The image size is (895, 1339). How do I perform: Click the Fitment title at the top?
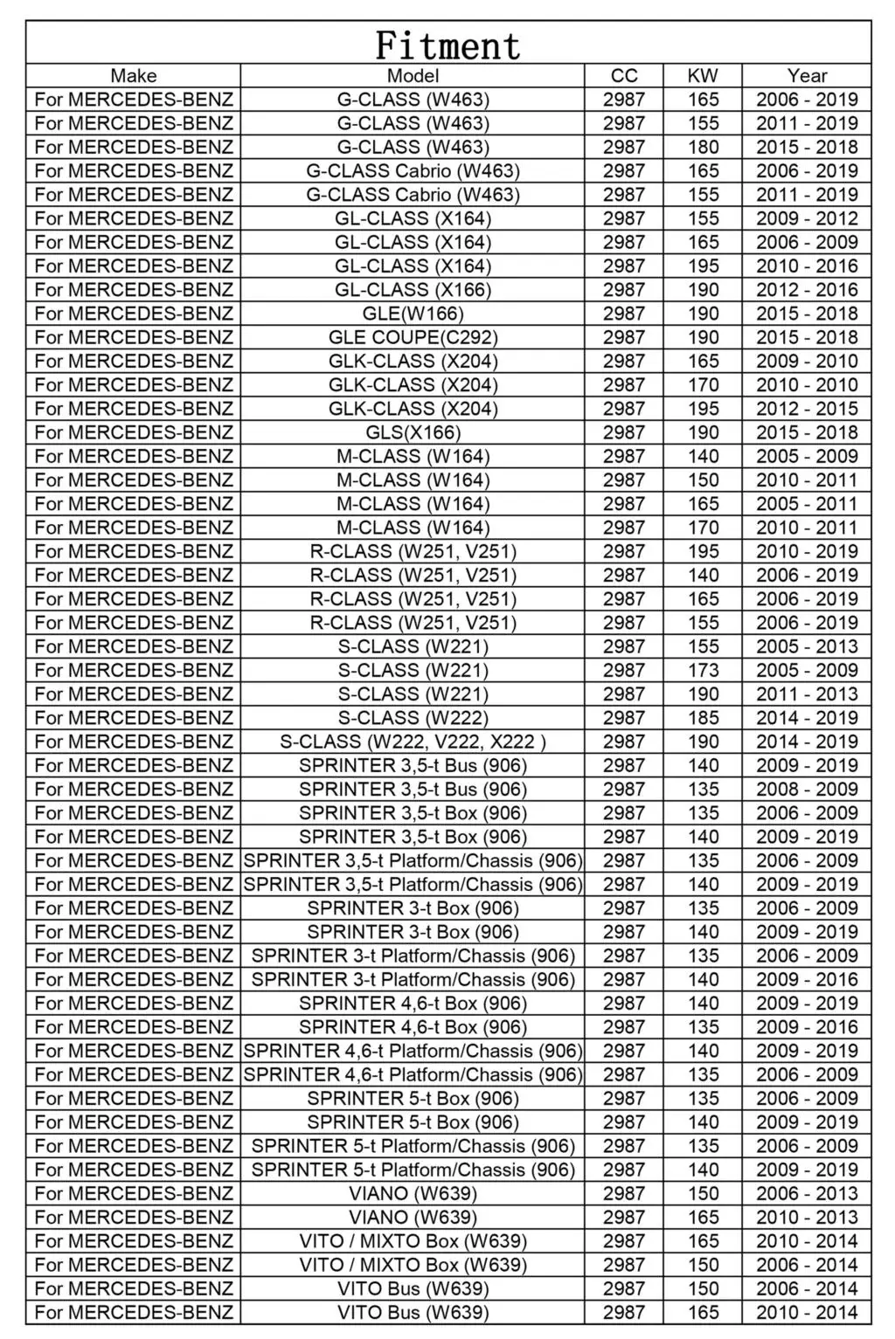pos(447,45)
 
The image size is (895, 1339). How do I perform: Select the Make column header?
pos(133,76)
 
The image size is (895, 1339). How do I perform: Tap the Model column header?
pos(413,76)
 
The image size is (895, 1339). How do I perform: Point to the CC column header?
pos(624,76)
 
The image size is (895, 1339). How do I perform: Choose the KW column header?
pos(703,76)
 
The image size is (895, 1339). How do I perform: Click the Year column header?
pos(807,76)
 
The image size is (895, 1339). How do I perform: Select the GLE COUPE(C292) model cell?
pos(413,337)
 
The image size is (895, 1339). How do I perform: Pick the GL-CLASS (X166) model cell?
pos(413,290)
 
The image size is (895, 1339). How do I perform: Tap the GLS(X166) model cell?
pos(413,432)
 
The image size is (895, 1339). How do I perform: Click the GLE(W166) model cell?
pos(413,314)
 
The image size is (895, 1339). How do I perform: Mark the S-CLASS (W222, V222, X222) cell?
pos(413,742)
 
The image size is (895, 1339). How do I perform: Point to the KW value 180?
pos(703,147)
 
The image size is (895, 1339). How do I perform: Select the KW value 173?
pos(703,670)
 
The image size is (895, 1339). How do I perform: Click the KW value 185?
pos(703,718)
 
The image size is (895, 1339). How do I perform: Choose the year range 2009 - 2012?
pos(807,218)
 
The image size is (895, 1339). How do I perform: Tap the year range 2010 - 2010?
pos(807,384)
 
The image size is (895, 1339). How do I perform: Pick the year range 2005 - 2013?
pos(807,646)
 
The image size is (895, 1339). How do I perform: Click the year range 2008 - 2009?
pos(807,789)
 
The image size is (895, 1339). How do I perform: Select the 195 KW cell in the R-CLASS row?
pos(703,551)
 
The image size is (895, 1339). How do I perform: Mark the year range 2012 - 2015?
pos(807,409)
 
